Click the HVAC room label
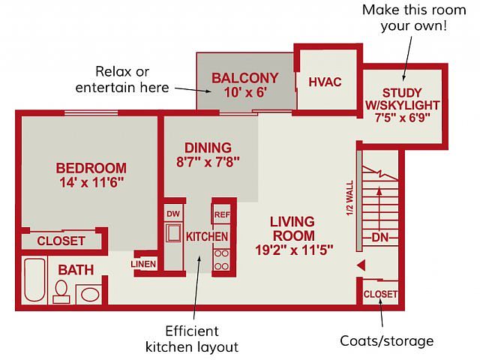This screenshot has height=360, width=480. click(325, 82)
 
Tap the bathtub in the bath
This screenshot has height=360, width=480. click(34, 280)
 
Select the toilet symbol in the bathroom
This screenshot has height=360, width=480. click(61, 292)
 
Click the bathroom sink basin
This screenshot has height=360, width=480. click(90, 295)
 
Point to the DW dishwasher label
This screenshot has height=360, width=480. click(173, 214)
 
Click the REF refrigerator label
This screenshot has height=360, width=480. click(222, 215)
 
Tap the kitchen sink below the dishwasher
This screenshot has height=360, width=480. click(173, 233)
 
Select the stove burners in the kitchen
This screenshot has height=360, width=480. click(221, 260)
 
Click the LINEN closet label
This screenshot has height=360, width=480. click(143, 264)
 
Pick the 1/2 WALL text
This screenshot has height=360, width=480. click(350, 198)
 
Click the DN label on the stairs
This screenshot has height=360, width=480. click(380, 237)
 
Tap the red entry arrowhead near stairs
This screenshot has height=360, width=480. click(361, 265)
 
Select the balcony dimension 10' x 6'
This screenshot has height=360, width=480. click(245, 92)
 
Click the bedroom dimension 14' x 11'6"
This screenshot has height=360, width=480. click(91, 182)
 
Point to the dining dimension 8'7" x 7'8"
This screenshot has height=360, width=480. click(208, 162)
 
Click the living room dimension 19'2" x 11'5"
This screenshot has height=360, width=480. click(294, 250)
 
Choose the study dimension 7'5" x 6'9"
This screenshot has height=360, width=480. click(403, 118)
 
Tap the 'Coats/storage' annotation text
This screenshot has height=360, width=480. click(387, 341)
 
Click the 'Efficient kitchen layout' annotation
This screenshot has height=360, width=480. click(192, 339)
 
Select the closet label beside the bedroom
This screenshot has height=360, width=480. click(61, 241)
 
